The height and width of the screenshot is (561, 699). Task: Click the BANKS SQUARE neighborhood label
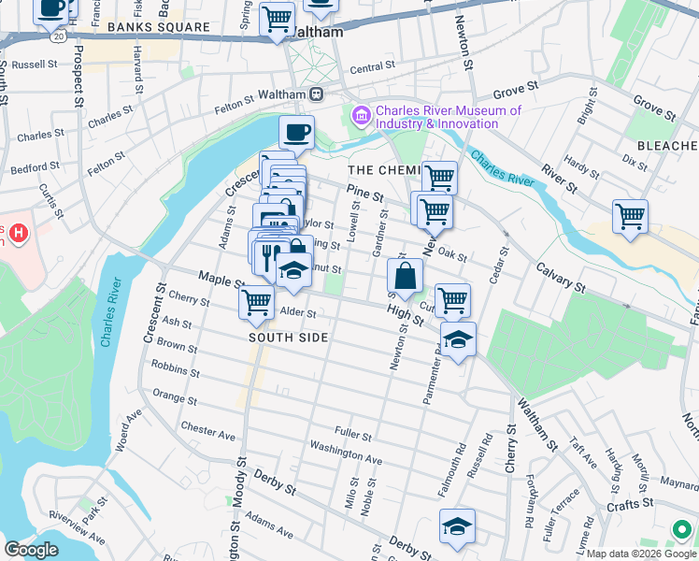[158, 27]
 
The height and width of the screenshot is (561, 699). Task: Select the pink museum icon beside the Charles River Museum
[360, 116]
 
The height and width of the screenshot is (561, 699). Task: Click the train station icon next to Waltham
[317, 94]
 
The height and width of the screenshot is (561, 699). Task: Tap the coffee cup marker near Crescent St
[296, 132]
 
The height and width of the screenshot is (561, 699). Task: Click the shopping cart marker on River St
[630, 216]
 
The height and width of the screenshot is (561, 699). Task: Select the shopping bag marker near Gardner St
[406, 276]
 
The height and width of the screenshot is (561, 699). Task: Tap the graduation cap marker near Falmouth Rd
[457, 526]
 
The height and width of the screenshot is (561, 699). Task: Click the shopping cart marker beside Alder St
[256, 302]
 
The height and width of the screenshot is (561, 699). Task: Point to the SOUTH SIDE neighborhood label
[288, 338]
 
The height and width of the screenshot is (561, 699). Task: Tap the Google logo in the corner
[31, 549]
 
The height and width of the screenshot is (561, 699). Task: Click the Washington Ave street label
[347, 453]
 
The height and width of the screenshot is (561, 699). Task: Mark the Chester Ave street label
[208, 430]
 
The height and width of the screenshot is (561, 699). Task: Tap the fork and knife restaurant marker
[267, 252]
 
